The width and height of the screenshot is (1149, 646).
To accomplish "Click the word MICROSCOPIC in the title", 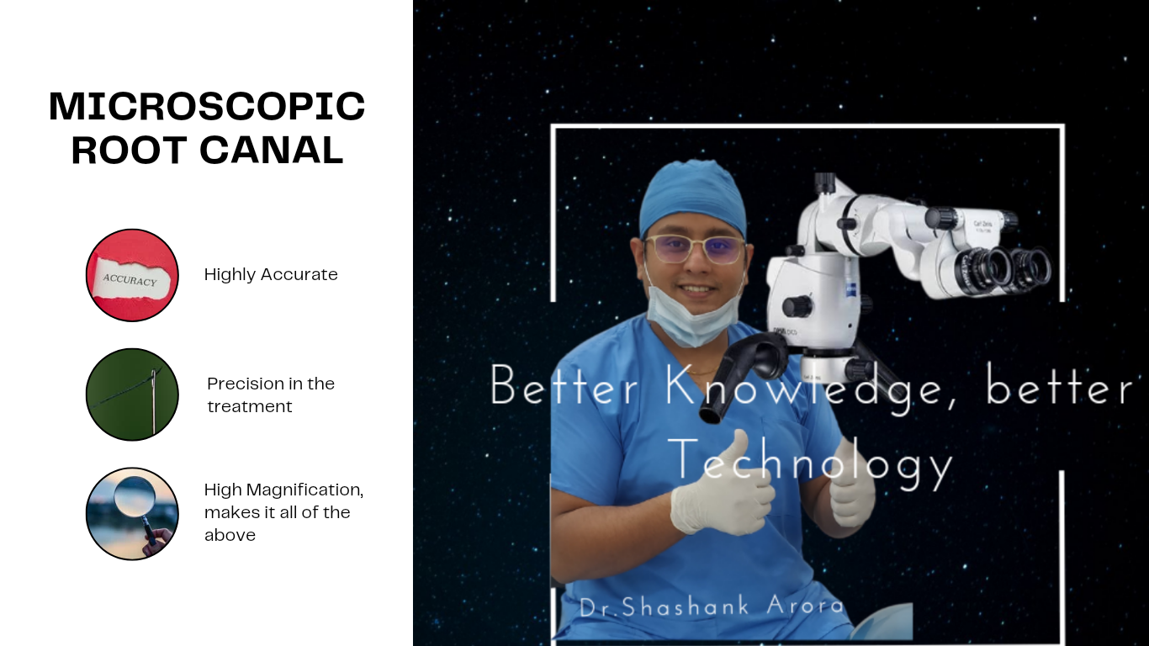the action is (x=207, y=106).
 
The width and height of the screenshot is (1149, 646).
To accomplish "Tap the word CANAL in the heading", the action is (x=272, y=150).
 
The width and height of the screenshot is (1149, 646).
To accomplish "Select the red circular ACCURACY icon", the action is (x=132, y=275).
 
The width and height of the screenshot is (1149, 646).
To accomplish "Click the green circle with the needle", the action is (x=132, y=394).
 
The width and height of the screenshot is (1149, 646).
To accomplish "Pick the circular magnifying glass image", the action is (x=132, y=514).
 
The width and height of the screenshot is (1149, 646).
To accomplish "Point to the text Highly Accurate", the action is (x=271, y=274).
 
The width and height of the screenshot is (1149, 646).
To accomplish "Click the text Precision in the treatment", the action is (x=271, y=394).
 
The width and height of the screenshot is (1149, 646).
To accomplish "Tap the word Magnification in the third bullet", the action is (x=304, y=490).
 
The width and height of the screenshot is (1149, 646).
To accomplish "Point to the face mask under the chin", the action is (x=693, y=313).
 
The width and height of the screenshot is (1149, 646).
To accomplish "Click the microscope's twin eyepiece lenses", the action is (x=1003, y=269).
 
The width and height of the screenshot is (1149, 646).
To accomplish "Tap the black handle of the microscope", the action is (x=744, y=374).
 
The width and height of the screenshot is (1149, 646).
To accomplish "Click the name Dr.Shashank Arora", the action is (x=712, y=606).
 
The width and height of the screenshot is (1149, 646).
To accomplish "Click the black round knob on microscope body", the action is (x=797, y=307).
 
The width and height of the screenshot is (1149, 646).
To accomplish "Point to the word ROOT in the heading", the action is (x=129, y=150).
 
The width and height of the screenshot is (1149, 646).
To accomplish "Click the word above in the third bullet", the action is (x=230, y=535).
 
